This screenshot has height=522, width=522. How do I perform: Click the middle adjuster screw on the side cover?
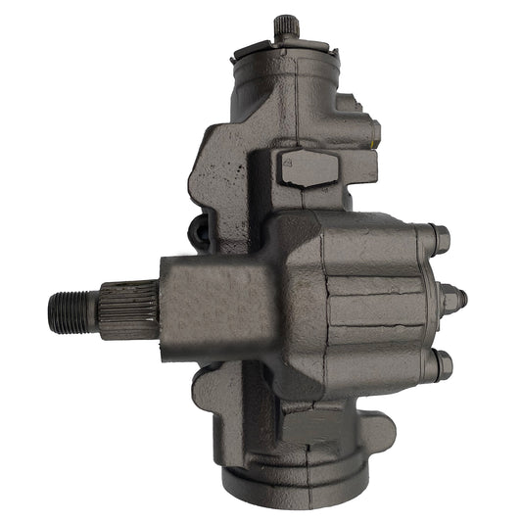453,298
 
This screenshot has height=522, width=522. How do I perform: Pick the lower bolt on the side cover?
440,365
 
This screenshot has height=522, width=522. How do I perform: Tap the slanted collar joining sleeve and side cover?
294,294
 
